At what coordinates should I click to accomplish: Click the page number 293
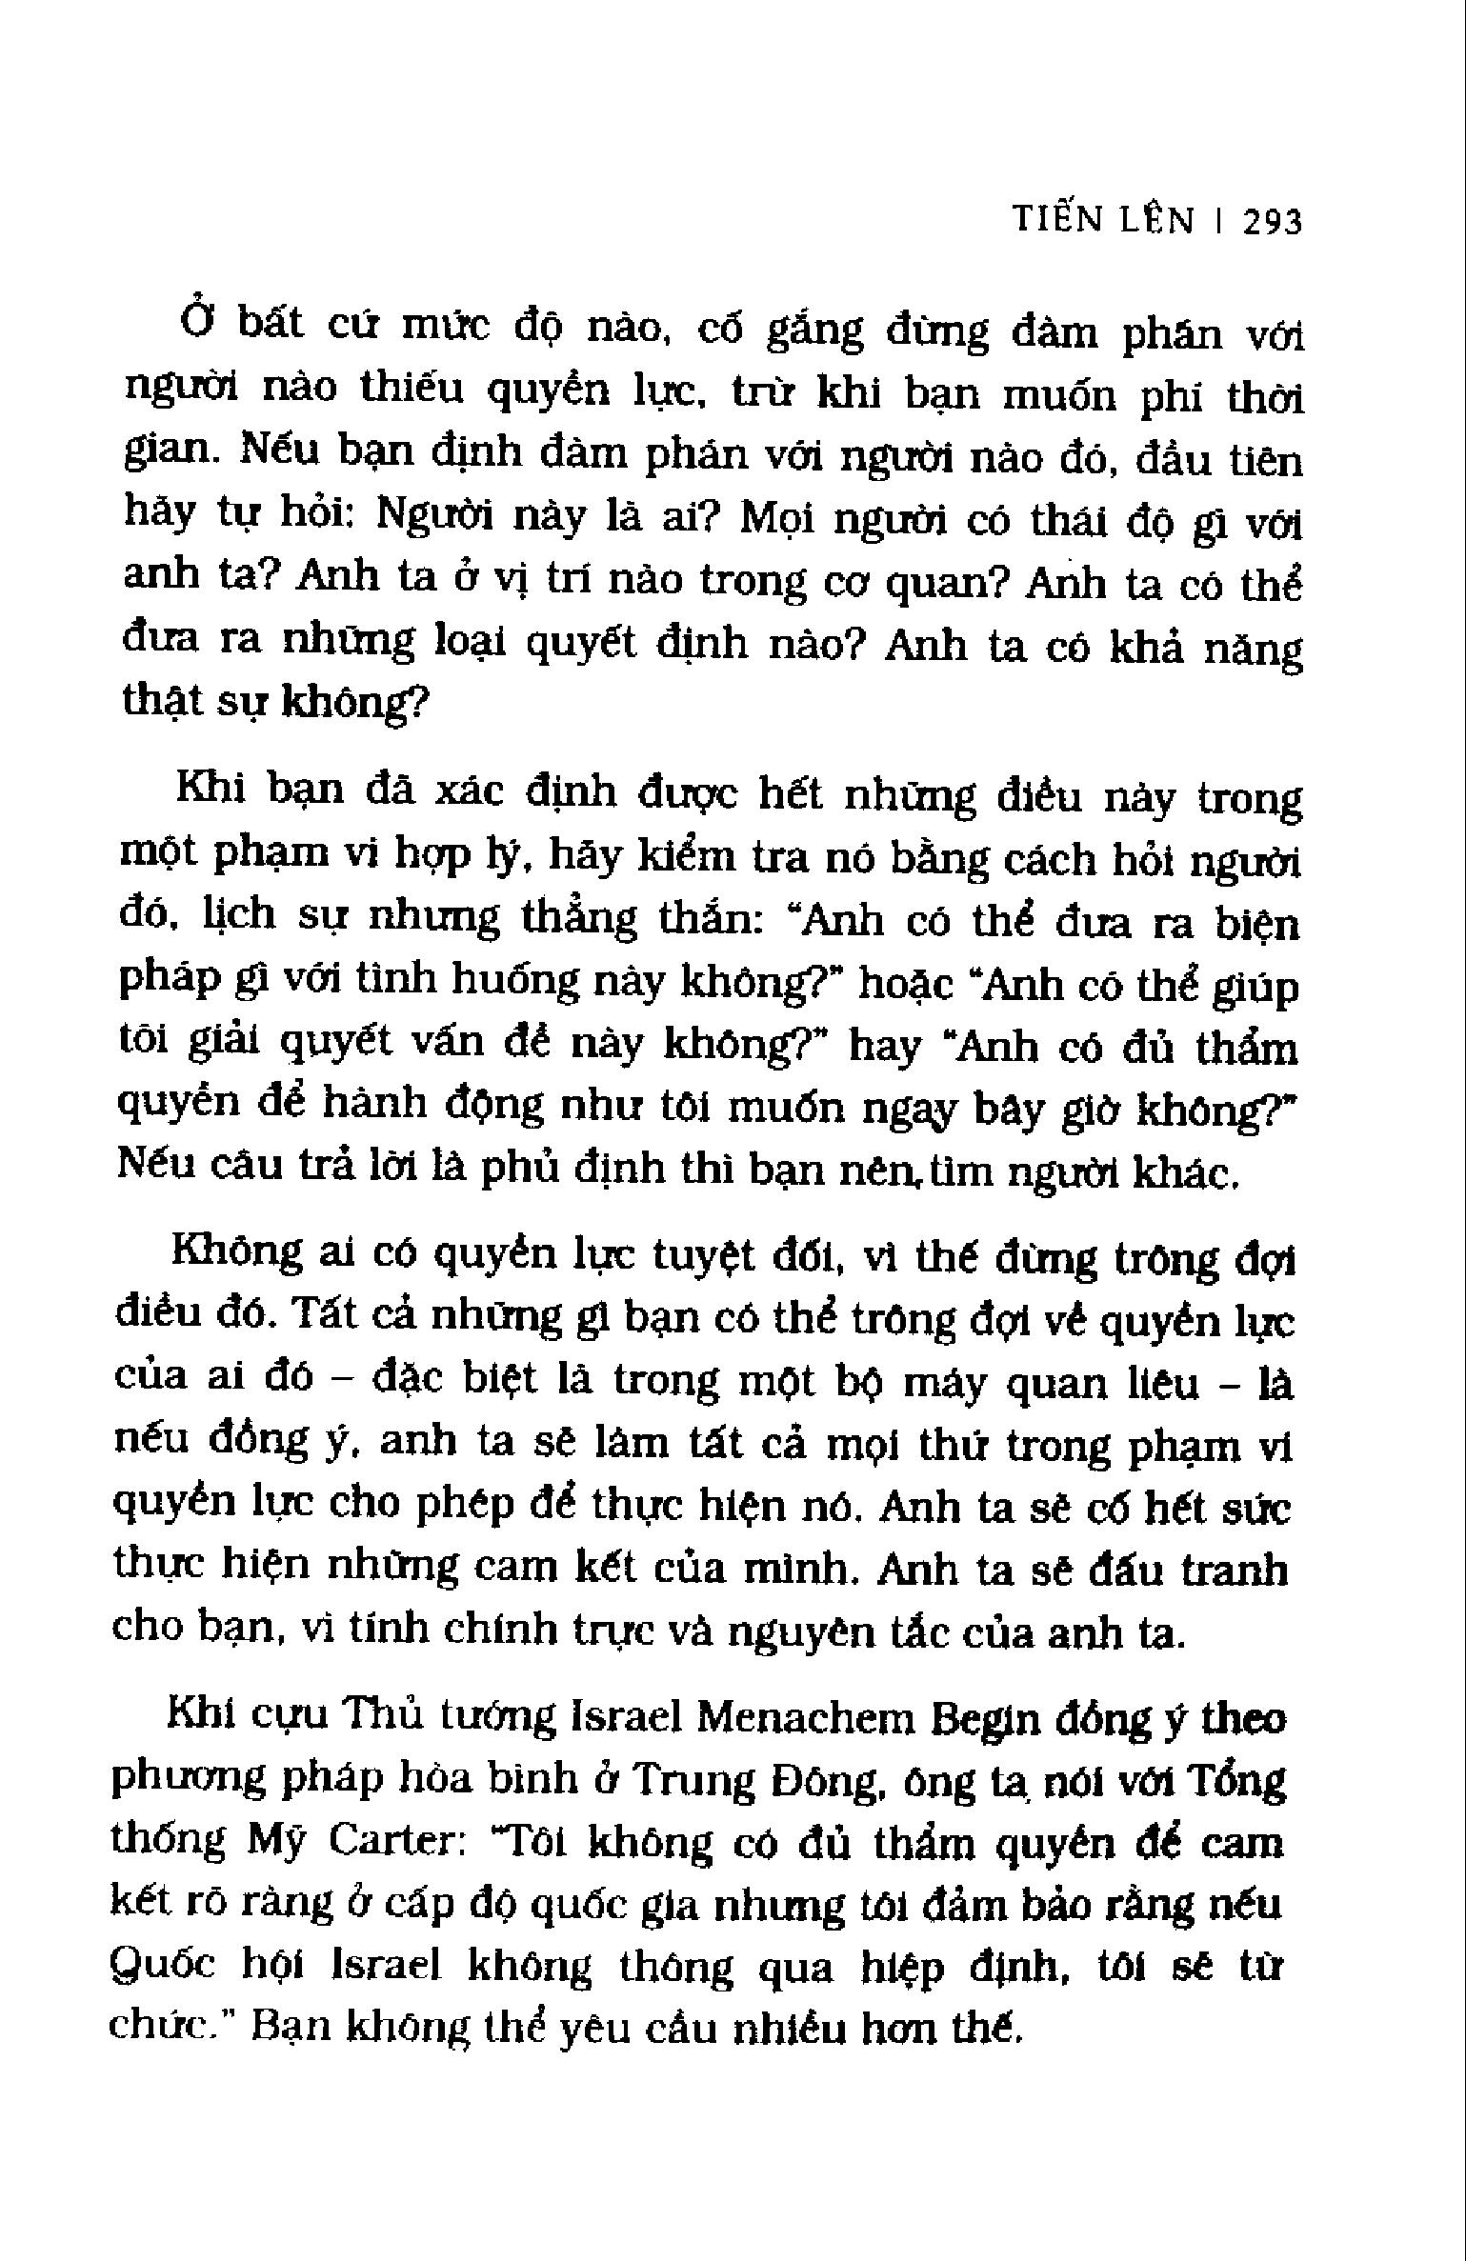coord(1273,222)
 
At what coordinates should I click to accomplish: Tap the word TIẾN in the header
coord(1052,220)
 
